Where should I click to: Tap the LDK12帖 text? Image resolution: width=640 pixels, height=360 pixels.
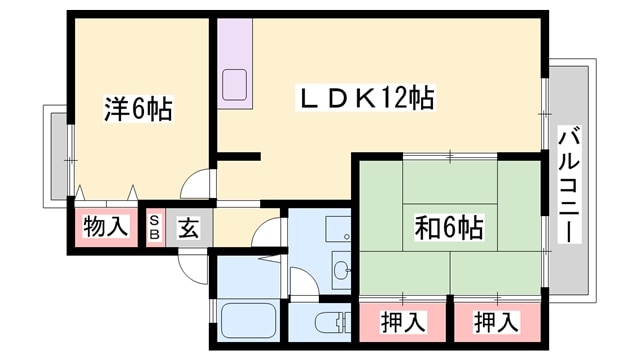click(367, 99)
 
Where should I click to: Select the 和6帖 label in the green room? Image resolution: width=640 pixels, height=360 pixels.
click(449, 228)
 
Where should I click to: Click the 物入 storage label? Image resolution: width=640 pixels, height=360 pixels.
click(106, 227)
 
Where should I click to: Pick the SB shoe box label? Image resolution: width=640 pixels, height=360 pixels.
click(156, 227)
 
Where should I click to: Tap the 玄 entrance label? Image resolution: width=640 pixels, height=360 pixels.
click(188, 228)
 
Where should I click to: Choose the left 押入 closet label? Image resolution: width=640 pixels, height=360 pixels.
click(404, 322)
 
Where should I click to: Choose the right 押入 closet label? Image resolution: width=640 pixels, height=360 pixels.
click(496, 322)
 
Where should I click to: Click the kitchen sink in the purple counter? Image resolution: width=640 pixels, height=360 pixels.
click(236, 84)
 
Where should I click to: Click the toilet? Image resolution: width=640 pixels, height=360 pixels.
click(329, 323)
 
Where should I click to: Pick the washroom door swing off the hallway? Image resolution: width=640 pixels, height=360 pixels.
click(268, 235)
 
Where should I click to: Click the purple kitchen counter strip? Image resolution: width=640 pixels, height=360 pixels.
click(236, 60)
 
